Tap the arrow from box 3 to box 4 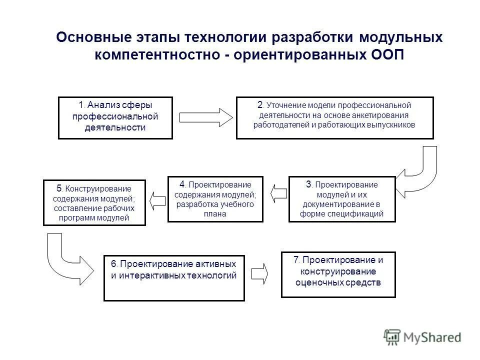point(279,192)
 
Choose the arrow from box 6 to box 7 point(259,272)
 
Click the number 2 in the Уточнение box point(260,104)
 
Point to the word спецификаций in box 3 point(356,214)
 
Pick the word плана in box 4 point(215,214)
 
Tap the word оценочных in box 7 point(319,282)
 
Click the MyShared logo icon point(393,336)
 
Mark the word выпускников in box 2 point(393,125)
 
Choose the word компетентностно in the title point(156,54)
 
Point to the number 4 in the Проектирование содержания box point(183,183)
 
